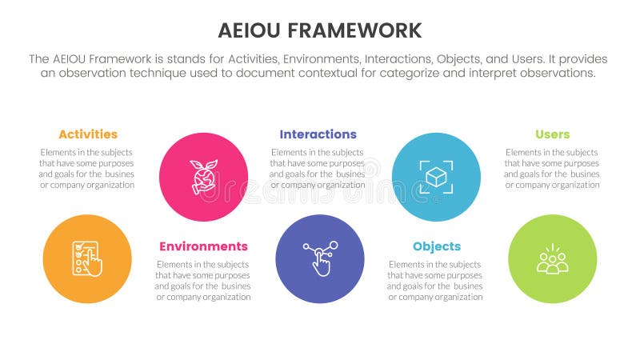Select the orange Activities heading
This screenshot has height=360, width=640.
coord(88,134)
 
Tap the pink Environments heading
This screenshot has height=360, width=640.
coord(203,246)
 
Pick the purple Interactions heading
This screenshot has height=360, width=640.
coord(318,134)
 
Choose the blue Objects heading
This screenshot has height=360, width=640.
coord(436,246)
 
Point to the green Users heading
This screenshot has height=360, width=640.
coord(552,134)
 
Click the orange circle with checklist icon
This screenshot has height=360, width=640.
coord(87,258)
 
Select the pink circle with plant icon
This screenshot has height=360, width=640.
coord(203,177)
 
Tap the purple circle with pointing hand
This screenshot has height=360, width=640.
coord(320,258)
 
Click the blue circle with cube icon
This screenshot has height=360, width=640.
coord(436,177)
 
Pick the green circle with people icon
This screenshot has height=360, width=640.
coord(552,258)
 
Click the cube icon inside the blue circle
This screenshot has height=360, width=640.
coord(436,177)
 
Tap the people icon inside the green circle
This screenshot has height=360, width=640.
coord(552,259)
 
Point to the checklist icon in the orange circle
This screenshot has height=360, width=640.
coord(86,258)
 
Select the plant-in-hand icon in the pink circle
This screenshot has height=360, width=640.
coord(202,177)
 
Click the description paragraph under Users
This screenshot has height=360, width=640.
coord(552,168)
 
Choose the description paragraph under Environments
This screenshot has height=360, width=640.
coord(203,280)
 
